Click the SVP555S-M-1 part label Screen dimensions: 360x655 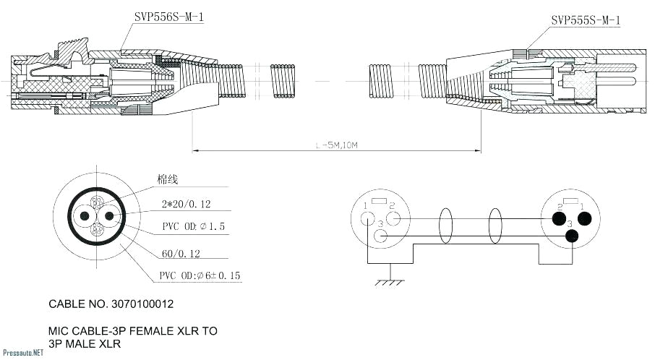[585, 20]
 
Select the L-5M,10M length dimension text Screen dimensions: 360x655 [337, 145]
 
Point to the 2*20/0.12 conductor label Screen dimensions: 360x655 [185, 205]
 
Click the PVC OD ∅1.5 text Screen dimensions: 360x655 [193, 227]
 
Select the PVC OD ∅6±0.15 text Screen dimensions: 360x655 [200, 276]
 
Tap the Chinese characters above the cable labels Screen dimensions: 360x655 [167, 179]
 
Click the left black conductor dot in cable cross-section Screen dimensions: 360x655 [85, 216]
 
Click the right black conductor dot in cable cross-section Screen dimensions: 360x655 [109, 216]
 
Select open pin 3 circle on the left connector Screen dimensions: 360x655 [382, 236]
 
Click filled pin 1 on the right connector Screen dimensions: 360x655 [584, 218]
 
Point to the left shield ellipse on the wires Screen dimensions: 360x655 [445, 226]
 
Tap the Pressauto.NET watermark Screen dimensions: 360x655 [22, 353]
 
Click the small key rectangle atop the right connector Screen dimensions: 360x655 [570, 201]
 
